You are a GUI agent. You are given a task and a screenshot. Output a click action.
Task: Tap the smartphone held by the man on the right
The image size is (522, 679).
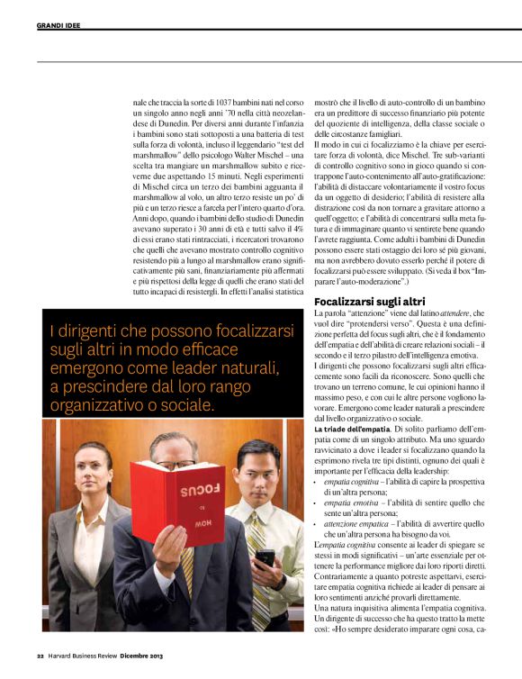265,559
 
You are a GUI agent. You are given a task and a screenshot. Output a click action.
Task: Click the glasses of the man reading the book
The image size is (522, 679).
175,463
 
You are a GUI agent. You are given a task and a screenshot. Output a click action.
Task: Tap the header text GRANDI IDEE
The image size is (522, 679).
58,25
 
